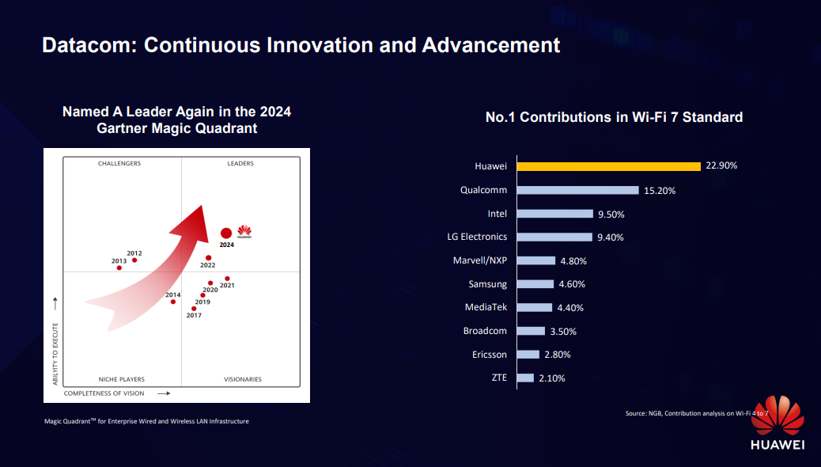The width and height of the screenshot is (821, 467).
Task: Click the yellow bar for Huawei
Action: coord(608,166)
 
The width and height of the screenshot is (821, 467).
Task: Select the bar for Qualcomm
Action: coord(577,190)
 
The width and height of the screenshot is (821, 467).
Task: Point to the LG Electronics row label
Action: coord(477,237)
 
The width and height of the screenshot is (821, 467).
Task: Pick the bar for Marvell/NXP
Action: coord(535,260)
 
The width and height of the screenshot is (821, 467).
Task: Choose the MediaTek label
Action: coord(486,307)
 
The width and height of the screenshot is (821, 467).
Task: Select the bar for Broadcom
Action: coord(531,331)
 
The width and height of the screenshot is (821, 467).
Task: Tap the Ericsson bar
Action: coord(528,355)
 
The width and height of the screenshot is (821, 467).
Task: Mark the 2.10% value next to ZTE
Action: coord(551,378)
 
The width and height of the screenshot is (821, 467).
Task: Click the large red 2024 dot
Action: coord(226,233)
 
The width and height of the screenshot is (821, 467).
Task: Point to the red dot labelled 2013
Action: coord(119,268)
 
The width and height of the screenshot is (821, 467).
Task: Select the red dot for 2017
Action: coord(194,309)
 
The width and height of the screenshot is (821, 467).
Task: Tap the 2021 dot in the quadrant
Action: coord(227,279)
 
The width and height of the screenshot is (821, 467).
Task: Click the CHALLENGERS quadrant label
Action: coord(119,164)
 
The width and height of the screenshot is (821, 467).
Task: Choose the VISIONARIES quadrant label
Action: coord(242,379)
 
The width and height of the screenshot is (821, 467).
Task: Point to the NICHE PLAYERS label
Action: coord(121,379)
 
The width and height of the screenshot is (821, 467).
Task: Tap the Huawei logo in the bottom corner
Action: coord(777,423)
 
